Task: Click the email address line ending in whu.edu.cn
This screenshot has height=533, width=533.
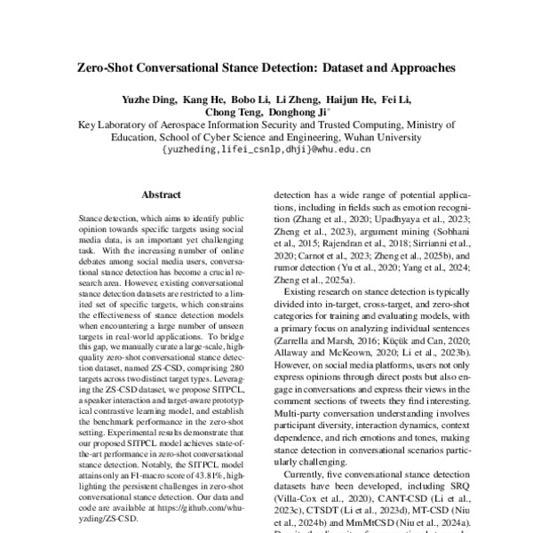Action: pyautogui.click(x=266, y=150)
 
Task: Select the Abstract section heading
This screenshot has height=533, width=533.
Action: pyautogui.click(x=161, y=195)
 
